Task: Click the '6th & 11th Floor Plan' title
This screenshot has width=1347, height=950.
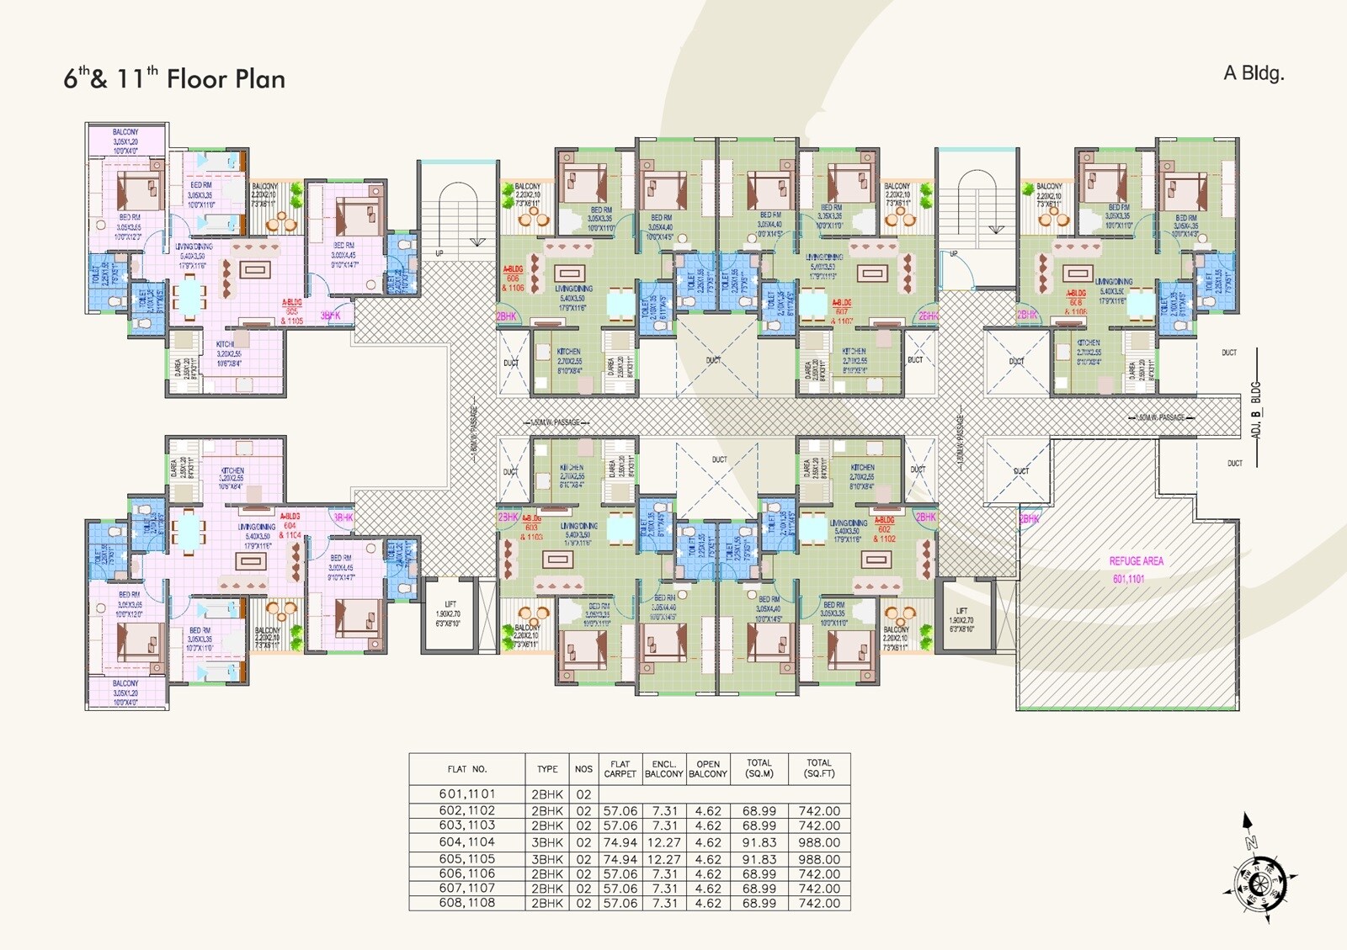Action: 174,79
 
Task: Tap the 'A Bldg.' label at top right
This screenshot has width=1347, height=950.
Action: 1254,73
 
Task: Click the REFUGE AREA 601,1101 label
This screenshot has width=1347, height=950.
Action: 1136,570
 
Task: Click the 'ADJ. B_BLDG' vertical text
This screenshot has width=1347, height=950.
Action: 1255,410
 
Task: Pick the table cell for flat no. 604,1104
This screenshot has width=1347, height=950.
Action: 466,842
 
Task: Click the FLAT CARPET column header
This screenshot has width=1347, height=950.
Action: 620,769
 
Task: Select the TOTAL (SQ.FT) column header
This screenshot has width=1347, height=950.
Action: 818,768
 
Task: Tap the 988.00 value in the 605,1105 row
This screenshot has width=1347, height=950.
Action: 818,859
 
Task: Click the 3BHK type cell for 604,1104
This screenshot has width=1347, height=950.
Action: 547,842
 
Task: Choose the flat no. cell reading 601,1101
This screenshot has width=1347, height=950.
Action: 466,793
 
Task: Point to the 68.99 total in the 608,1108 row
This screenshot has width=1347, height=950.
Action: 759,903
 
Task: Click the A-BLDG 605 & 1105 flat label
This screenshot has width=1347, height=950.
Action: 292,311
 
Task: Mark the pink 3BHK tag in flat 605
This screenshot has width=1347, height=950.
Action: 331,316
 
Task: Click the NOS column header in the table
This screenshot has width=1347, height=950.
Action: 583,769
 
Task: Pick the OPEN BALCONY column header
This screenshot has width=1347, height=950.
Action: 708,769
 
